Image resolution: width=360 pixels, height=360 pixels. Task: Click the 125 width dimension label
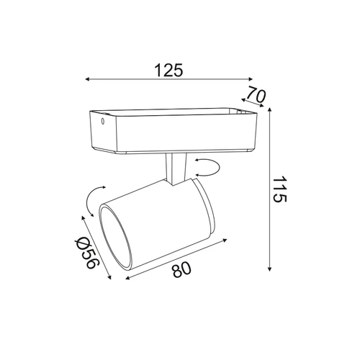tap(168, 70)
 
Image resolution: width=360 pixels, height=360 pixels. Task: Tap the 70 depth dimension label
tap(256, 94)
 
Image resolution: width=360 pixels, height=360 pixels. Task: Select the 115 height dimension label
tap(279, 189)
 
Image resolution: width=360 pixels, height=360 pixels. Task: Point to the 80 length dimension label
tap(181, 269)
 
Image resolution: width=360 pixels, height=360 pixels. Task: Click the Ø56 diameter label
tap(86, 253)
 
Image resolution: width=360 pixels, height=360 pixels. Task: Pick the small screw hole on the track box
tap(102, 122)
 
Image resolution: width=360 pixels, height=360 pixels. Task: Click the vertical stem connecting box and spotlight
tap(176, 169)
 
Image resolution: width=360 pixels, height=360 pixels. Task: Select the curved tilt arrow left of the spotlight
tap(90, 201)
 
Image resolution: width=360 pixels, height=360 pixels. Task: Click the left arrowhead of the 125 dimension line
tap(88, 79)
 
